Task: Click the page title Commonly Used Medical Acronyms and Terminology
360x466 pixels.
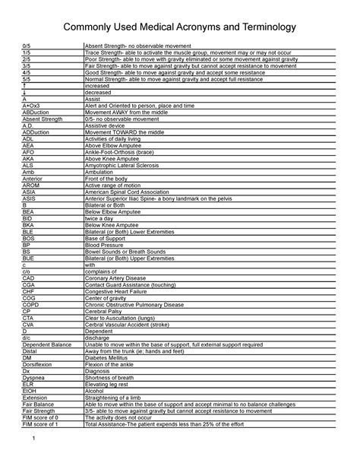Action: pos(179,28)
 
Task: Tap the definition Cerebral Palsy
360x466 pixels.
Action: pos(106,311)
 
